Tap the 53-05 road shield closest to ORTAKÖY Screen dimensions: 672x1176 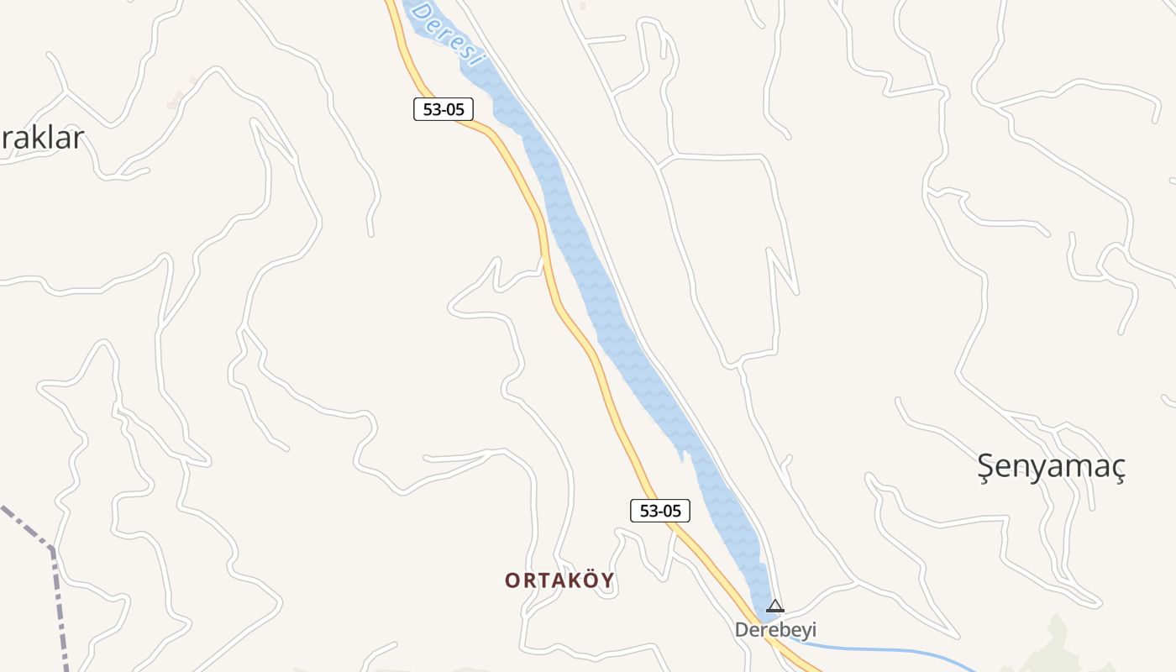659,511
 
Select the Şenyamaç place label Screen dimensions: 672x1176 1051,466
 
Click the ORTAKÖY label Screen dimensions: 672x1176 559,580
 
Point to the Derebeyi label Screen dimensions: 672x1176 775,630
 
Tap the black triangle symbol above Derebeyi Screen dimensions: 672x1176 775,606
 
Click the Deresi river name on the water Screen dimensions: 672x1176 447,34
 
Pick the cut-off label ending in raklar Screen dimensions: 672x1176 42,138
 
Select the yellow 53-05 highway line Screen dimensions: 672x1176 580,336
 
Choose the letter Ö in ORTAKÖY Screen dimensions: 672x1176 589,580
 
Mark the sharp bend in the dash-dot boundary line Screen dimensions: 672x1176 52,550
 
